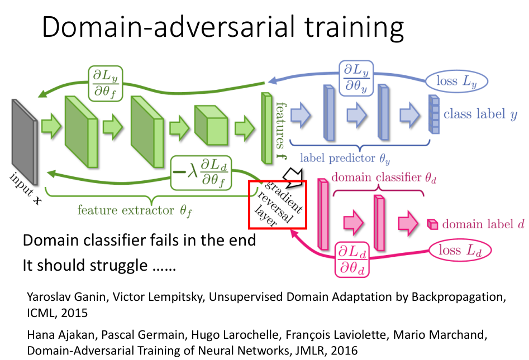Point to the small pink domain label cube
click(431, 224)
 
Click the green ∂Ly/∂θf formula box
click(106, 80)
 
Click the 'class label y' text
click(480, 114)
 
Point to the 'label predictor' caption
click(345, 159)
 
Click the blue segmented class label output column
click(434, 115)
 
